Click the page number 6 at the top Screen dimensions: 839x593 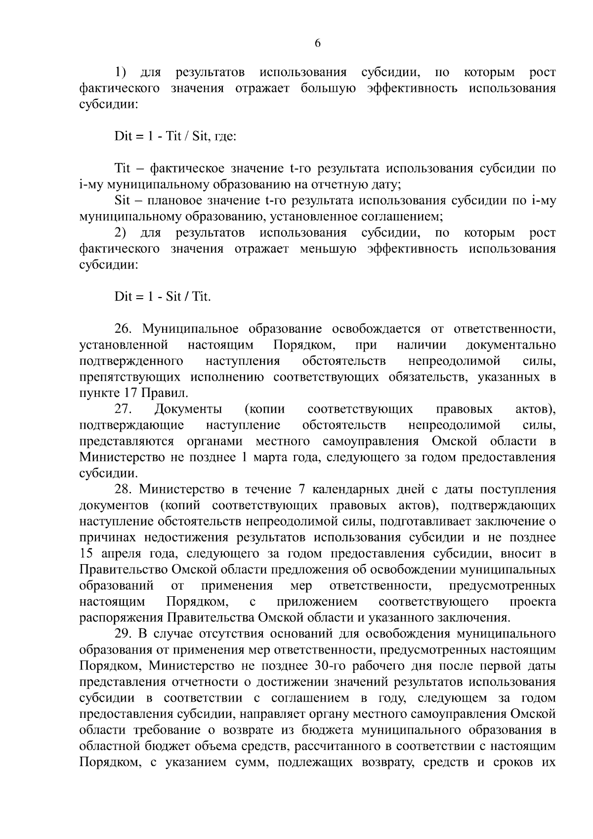tap(318, 44)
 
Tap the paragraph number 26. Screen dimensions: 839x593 tap(124, 329)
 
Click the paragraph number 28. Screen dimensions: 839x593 tap(124, 489)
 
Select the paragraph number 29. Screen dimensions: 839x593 tap(124, 634)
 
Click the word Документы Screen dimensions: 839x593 tap(188, 409)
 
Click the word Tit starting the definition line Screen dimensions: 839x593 tap(122, 169)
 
